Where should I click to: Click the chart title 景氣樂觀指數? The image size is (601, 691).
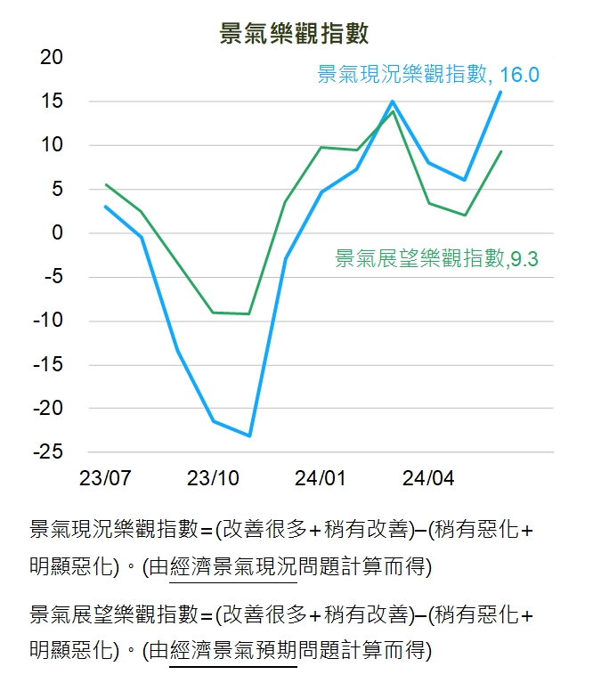(x=295, y=34)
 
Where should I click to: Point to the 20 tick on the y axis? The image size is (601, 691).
(x=53, y=58)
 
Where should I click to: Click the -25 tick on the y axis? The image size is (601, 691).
(x=48, y=451)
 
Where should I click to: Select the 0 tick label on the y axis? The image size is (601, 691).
(x=58, y=233)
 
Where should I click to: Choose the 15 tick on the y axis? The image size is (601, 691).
(x=53, y=102)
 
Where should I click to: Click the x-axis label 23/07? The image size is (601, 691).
(x=105, y=478)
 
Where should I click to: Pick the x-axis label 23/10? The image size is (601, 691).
(x=213, y=478)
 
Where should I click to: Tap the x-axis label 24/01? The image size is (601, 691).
(x=321, y=478)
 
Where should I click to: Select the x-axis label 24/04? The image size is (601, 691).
(x=428, y=478)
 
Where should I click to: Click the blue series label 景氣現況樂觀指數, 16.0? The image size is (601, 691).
(x=428, y=75)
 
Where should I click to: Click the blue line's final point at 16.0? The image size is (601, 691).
(x=500, y=92)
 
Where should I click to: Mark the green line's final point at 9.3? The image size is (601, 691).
(x=500, y=151)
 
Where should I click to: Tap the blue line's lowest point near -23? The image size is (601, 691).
(x=249, y=435)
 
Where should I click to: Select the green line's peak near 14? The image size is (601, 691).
(x=393, y=111)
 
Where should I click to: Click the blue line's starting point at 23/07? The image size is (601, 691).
(x=105, y=207)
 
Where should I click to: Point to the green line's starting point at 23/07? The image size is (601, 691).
(x=105, y=185)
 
